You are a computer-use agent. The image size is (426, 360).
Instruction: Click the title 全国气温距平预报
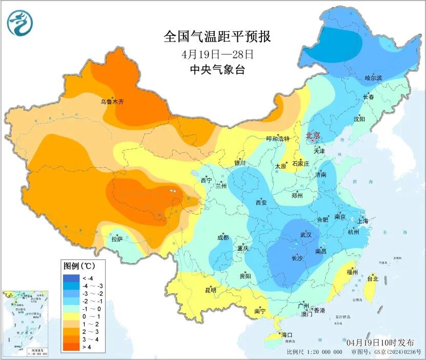click(x=217, y=37)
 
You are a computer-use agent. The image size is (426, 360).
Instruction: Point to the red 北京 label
click(x=313, y=135)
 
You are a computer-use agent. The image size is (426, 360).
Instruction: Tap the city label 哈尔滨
click(x=373, y=78)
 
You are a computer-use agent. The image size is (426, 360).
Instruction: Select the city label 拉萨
click(x=117, y=238)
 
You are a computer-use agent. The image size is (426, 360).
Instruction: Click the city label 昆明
click(x=211, y=290)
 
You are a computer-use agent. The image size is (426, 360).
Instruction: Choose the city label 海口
click(x=286, y=335)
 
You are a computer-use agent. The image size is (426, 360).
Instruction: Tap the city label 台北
click(x=372, y=279)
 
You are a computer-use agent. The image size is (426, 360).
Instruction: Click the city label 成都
click(x=222, y=237)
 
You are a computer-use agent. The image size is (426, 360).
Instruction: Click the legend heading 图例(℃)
click(x=77, y=266)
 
